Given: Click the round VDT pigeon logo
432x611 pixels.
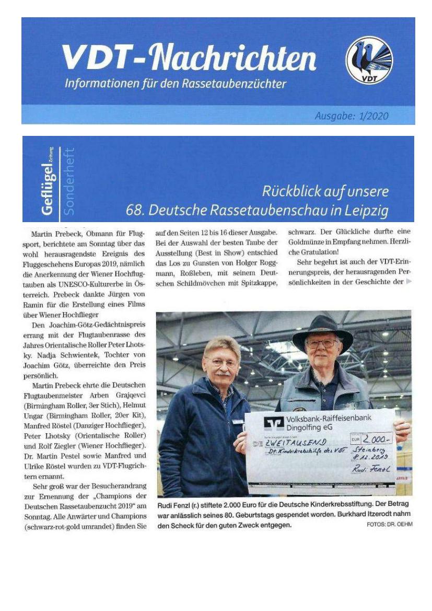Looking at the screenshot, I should click(369, 60).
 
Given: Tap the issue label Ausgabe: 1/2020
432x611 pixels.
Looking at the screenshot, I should click(352, 116).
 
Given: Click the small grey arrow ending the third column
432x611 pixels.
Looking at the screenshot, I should click(408, 282).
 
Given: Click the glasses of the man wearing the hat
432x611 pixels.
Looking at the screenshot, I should click(322, 343).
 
